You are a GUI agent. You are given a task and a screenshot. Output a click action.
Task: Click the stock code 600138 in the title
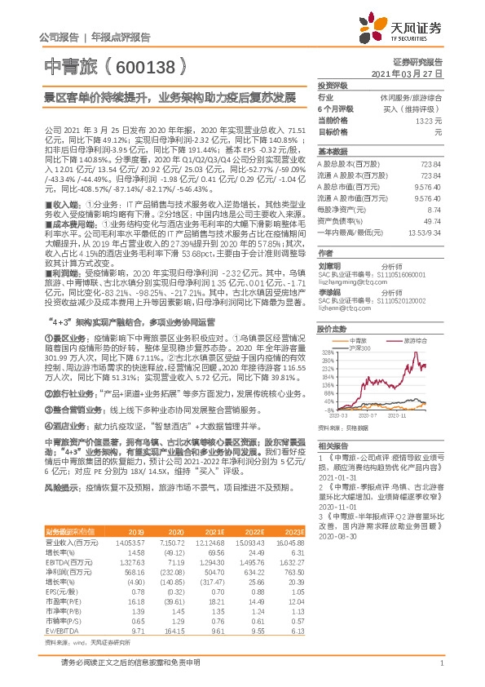coord(146,64)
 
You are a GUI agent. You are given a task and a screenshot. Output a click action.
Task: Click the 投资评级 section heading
coord(333,84)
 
